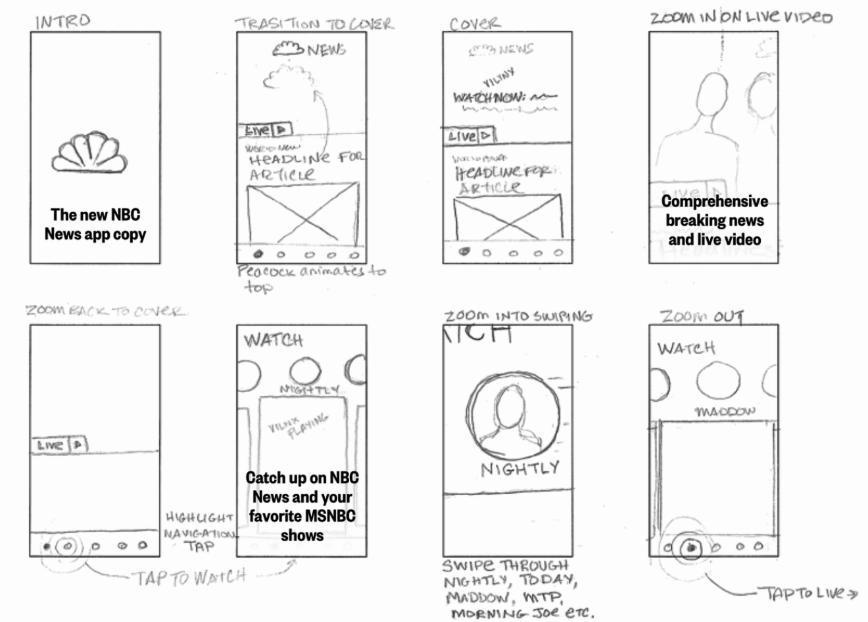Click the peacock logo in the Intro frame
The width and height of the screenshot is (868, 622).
pos(89,153)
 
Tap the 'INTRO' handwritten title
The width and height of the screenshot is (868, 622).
pos(63,21)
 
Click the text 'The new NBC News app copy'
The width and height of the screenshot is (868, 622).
pos(95,224)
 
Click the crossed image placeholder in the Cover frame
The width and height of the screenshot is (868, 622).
pos(508,218)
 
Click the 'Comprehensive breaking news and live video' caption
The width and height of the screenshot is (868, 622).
pos(714,220)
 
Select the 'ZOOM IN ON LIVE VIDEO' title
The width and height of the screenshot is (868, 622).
pos(741,17)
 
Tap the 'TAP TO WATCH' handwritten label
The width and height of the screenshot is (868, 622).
pos(190,577)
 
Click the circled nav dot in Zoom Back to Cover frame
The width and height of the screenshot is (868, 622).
pos(68,546)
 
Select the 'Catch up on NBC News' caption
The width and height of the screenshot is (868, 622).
pos(302,506)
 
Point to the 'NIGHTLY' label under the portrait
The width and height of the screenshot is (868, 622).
pos(519,469)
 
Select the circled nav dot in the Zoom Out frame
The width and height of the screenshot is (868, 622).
pos(690,546)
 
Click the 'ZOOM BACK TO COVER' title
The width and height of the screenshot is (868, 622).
pos(105,310)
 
